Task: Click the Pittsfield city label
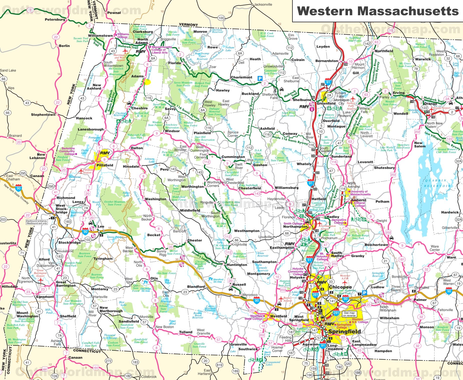pos(105,165)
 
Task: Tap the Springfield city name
pos(344,332)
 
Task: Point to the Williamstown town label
pos(100,35)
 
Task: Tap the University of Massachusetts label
pos(360,193)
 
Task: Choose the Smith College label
pos(293,223)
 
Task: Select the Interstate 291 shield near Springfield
pos(336,313)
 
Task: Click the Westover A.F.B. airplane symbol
pos(345,282)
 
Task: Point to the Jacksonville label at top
pos(263,4)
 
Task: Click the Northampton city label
pos(295,227)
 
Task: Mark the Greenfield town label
pos(326,103)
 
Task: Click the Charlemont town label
pos(241,77)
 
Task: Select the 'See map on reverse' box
pos(349,314)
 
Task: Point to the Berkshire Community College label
pos(67,151)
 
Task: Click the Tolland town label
pos(186,332)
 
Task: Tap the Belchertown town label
pos(376,245)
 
